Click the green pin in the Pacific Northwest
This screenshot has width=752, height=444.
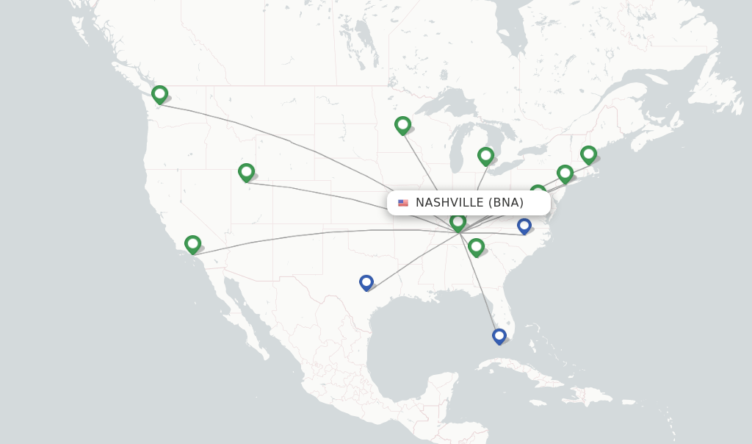(x=159, y=94)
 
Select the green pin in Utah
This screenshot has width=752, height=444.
(x=246, y=172)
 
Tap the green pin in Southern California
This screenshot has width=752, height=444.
(x=192, y=243)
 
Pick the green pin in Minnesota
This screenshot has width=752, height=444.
(x=402, y=125)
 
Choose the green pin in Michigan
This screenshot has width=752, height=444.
(x=485, y=155)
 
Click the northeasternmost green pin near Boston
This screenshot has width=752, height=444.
(x=588, y=154)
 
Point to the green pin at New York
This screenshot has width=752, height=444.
(x=565, y=173)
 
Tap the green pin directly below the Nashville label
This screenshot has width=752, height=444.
(x=458, y=221)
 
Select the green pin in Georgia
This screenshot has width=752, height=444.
(x=476, y=246)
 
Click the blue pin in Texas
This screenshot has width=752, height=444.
(x=366, y=282)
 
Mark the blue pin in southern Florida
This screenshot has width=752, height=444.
(x=499, y=336)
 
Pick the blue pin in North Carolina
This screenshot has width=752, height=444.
(x=524, y=225)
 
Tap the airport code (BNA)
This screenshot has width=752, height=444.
(x=505, y=203)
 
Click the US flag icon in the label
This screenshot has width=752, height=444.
(x=403, y=203)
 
